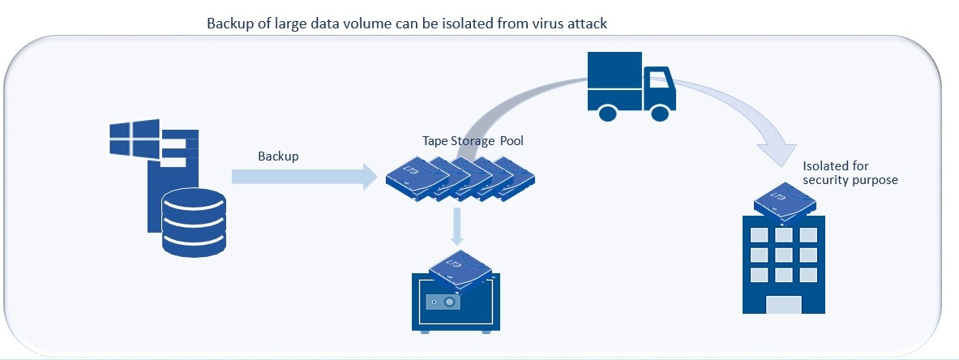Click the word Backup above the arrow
[x=278, y=156]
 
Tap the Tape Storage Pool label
[x=473, y=140]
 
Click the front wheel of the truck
[x=660, y=110]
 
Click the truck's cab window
[x=657, y=79]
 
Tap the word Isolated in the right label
[x=824, y=166]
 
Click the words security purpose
[x=850, y=180]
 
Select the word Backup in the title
[x=229, y=24]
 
